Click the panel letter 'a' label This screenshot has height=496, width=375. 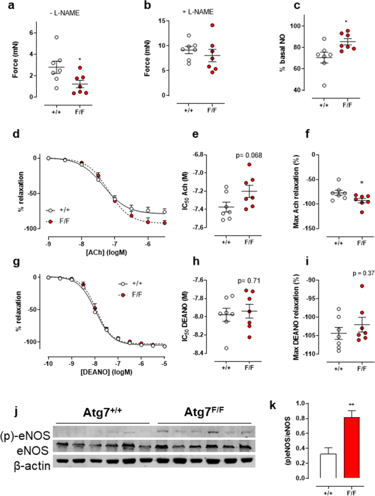tap(8, 6)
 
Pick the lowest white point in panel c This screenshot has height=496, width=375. tap(310, 85)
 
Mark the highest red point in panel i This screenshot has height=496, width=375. tap(345, 286)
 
